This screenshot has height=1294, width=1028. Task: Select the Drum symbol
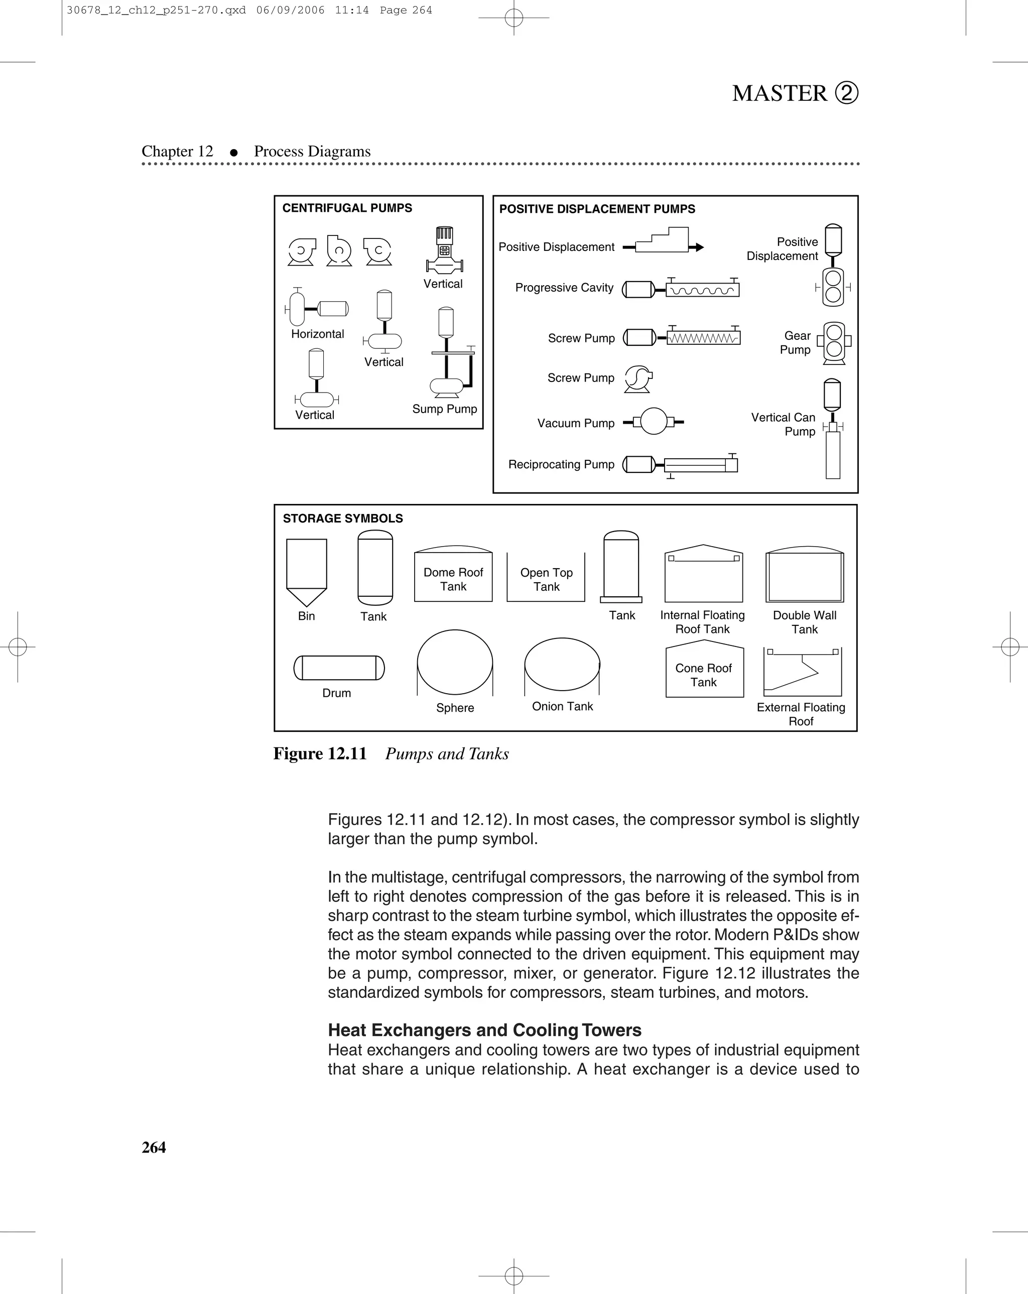339,668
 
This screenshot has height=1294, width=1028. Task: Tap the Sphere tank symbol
455,662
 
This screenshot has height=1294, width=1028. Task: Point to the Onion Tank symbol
562,665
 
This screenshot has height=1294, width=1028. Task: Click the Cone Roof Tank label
703,675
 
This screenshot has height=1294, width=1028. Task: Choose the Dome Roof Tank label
453,579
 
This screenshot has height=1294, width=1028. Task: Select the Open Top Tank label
546,580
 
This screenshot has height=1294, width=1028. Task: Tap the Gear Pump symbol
834,343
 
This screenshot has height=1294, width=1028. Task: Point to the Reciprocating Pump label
561,464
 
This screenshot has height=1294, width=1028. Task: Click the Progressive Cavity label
564,288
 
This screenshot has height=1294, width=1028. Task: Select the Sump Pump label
444,409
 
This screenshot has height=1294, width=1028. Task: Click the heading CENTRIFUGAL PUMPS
347,208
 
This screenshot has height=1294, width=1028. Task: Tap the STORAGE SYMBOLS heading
343,519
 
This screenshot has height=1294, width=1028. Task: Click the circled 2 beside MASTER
847,93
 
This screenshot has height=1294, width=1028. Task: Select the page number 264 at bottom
154,1147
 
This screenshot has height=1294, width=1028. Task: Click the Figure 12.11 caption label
320,754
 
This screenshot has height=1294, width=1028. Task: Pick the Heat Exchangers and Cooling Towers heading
484,1030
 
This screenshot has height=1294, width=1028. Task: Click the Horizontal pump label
317,334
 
